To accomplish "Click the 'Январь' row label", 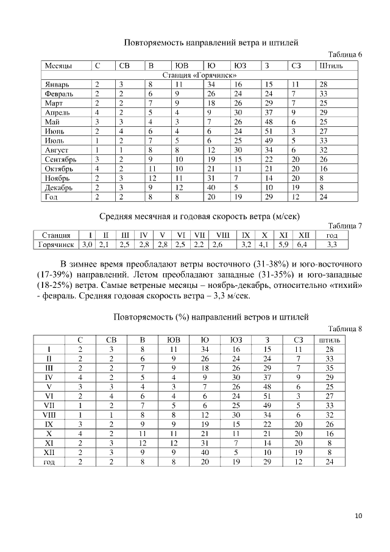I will (x=57, y=84).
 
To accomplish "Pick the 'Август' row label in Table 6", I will (x=55, y=149).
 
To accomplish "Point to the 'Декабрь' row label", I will (x=58, y=187).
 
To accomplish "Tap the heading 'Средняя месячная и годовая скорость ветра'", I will (x=201, y=217).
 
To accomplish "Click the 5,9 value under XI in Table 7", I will (x=283, y=245).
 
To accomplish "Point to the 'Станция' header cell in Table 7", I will (x=55, y=235).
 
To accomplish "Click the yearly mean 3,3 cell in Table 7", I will (x=331, y=245).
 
